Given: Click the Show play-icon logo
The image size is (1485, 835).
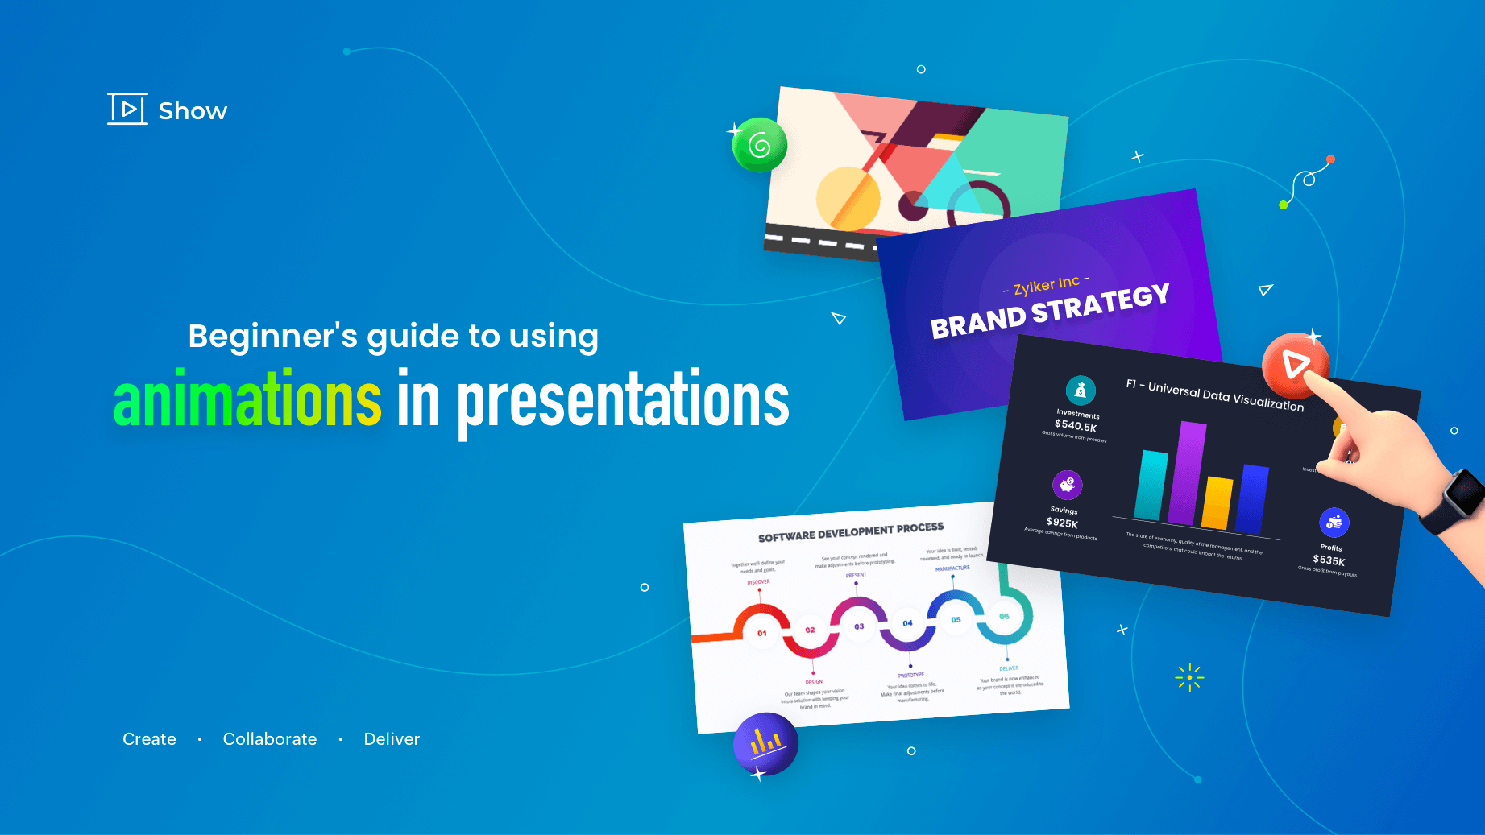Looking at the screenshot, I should (x=127, y=109).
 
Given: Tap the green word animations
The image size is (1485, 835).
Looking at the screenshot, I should (x=247, y=400).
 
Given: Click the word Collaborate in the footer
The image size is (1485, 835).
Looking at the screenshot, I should (x=270, y=739).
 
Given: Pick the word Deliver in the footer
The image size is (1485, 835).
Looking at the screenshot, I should (x=392, y=739).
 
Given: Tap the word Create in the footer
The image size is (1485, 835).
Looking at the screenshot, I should (x=149, y=739).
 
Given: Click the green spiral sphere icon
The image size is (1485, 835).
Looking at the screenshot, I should (x=759, y=145).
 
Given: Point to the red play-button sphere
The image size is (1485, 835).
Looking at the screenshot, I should (x=1294, y=365).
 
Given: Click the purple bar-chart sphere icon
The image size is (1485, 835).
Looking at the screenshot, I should (x=765, y=743).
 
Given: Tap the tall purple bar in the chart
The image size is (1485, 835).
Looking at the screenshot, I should (x=1187, y=473).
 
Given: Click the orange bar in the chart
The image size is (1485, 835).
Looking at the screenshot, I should (x=1217, y=502).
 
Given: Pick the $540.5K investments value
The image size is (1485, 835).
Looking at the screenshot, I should (x=1076, y=426).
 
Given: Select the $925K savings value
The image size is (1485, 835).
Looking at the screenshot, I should (x=1062, y=523).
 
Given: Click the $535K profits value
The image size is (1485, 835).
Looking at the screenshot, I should (x=1329, y=560).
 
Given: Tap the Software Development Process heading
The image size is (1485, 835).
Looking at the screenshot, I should (x=851, y=532).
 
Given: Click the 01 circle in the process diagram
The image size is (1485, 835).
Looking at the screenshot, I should (x=761, y=634).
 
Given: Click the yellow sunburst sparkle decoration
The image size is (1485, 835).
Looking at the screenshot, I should (x=1189, y=677).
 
